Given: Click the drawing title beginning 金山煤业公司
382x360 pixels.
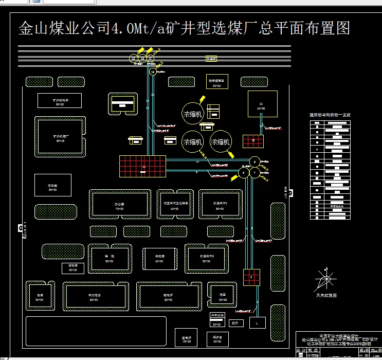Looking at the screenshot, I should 184,28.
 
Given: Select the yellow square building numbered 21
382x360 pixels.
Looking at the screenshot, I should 262,105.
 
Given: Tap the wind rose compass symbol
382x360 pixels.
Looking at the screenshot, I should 324,280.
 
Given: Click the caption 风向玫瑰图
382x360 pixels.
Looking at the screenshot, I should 326,296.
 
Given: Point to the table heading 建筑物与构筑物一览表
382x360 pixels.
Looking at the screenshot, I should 329,115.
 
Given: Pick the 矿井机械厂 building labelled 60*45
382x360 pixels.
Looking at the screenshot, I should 61,137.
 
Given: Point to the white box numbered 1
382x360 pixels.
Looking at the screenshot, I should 257,322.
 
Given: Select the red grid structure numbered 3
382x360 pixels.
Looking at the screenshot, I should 251,277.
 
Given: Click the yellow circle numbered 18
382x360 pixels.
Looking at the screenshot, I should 152,72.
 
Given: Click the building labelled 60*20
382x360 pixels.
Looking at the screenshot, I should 60,101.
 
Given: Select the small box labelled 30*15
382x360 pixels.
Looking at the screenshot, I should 72,267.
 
